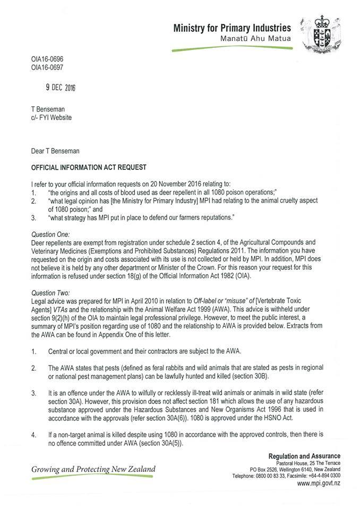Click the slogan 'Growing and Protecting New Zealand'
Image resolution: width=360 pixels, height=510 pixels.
point(93,469)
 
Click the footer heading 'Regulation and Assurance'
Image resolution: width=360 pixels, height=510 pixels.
point(304,456)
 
